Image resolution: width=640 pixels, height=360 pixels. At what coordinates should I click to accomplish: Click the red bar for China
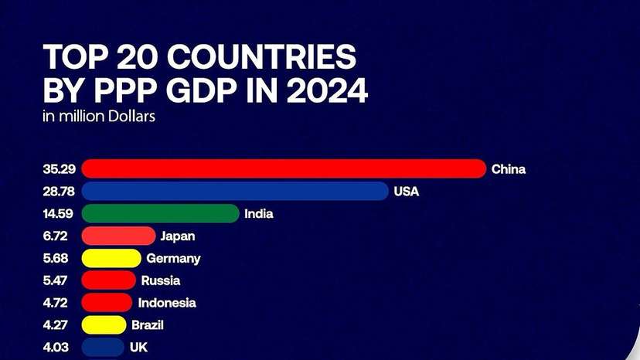(x=284, y=168)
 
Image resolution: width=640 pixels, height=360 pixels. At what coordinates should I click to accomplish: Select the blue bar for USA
(x=235, y=191)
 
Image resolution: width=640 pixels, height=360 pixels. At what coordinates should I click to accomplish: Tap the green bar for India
(x=160, y=213)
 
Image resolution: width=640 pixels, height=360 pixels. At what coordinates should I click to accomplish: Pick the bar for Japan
(x=118, y=236)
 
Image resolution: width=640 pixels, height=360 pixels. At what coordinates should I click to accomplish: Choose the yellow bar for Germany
(x=111, y=258)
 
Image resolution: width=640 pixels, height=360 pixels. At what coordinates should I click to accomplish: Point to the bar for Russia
(x=109, y=280)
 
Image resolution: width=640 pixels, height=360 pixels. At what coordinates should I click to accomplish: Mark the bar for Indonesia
(x=107, y=303)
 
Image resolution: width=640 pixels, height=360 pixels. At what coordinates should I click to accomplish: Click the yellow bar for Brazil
(x=104, y=325)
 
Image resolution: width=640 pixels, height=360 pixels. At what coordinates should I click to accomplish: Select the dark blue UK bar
(x=103, y=347)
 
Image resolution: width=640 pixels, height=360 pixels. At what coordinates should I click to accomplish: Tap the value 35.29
(x=60, y=169)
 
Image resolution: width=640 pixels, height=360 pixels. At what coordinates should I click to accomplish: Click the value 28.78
(x=60, y=191)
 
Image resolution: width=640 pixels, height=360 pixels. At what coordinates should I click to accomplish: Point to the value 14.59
(x=60, y=213)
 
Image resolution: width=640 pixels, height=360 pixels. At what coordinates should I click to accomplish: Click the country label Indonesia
(x=167, y=303)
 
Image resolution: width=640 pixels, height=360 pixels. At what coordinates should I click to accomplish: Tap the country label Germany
(x=173, y=258)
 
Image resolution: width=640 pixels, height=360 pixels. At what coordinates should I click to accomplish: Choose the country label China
(x=509, y=169)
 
